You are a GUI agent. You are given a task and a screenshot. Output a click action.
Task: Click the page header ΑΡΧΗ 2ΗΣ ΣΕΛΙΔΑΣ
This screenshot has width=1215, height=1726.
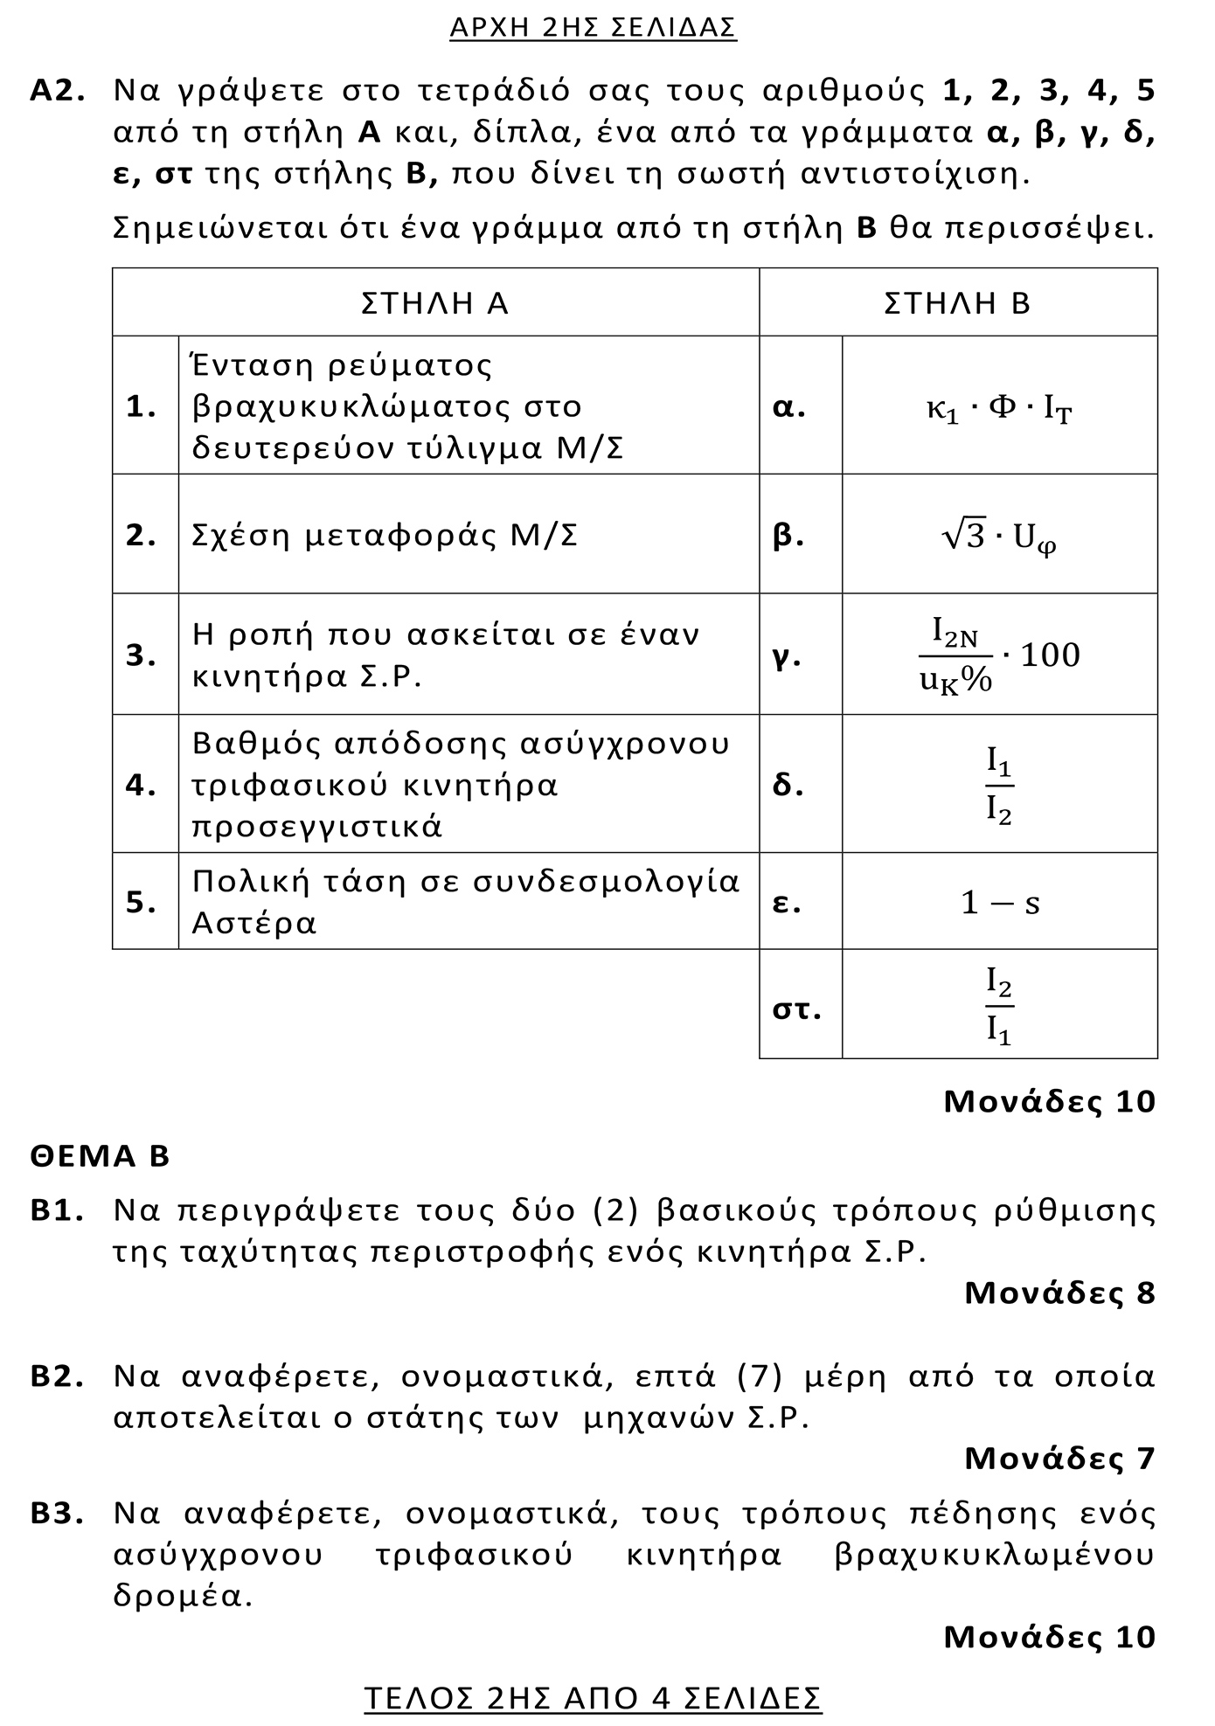(x=593, y=28)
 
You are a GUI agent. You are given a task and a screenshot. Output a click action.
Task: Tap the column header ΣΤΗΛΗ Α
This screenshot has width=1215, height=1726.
(x=434, y=303)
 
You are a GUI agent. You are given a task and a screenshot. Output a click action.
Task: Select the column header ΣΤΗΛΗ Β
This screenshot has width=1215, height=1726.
(x=957, y=303)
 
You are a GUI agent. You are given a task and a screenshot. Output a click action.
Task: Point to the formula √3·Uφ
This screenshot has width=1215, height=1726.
(x=999, y=537)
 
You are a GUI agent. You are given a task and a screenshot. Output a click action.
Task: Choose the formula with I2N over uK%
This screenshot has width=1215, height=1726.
(x=999, y=655)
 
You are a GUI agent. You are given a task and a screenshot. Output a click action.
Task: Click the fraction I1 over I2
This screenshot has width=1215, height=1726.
(x=999, y=785)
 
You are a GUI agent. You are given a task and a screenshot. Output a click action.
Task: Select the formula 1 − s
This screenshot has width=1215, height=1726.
(x=1000, y=903)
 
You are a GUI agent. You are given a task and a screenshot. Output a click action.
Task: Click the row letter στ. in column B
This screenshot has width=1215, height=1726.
(x=796, y=1009)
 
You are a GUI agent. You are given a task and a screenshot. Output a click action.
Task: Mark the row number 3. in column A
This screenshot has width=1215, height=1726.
(x=142, y=655)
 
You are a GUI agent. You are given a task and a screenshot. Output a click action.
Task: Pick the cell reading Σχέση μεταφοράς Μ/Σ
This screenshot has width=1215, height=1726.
(x=385, y=536)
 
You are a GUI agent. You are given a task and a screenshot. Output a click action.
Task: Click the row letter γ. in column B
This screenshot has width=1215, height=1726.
(x=788, y=655)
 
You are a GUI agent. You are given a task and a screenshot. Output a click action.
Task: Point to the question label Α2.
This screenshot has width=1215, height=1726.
(x=58, y=91)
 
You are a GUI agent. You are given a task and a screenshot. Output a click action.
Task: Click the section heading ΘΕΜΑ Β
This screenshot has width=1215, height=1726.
(x=100, y=1156)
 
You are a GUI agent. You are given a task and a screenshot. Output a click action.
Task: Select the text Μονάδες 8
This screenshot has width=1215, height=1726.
(x=1059, y=1293)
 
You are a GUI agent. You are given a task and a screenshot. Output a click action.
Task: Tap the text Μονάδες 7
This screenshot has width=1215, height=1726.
(x=1059, y=1458)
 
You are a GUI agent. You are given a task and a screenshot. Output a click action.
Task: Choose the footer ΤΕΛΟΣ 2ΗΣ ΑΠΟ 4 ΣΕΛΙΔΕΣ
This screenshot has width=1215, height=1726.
(x=593, y=1697)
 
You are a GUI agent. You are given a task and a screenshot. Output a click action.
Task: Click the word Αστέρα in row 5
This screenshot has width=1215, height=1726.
(x=253, y=923)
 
